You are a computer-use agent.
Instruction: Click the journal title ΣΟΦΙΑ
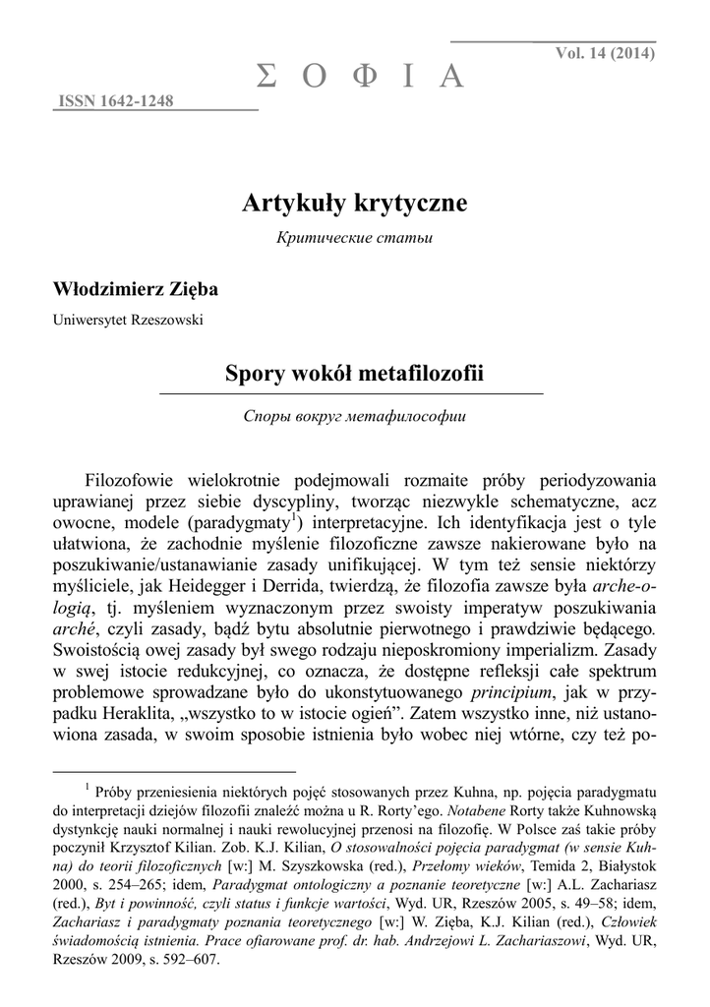click(359, 76)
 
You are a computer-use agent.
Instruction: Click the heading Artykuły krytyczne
click(354, 204)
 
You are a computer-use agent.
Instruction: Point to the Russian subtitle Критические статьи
click(354, 238)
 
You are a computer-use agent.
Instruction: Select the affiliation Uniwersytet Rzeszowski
click(128, 319)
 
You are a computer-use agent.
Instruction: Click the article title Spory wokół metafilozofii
click(354, 374)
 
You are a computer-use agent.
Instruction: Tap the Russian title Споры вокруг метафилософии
click(354, 415)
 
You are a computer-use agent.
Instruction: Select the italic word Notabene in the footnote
click(475, 811)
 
